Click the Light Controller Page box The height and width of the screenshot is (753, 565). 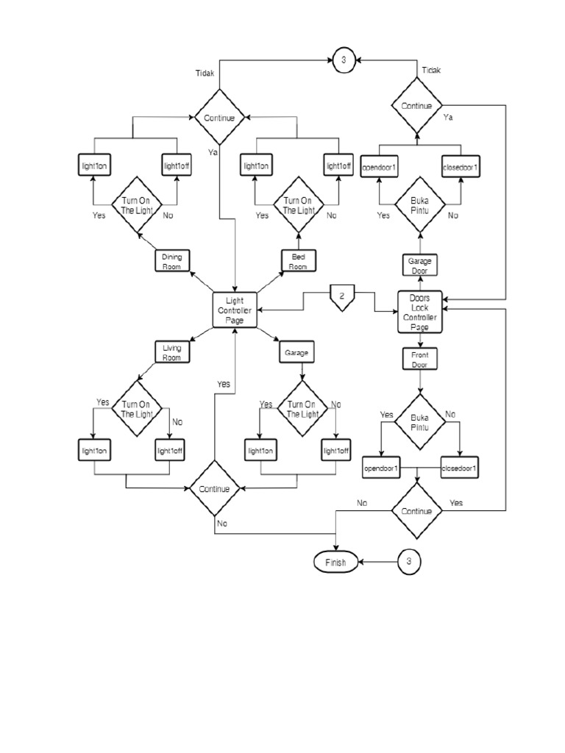[x=235, y=310]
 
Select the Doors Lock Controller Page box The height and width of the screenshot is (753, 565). [x=419, y=313]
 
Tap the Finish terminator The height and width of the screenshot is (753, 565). [x=335, y=562]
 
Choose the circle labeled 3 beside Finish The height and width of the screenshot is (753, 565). [x=409, y=562]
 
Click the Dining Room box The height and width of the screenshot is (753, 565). [x=172, y=261]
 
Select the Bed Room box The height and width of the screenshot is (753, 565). [x=298, y=261]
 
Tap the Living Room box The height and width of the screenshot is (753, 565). [x=172, y=352]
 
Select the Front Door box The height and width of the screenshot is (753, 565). [x=419, y=359]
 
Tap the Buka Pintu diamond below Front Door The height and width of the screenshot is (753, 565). [x=419, y=422]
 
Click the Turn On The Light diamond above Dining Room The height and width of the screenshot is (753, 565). [x=136, y=205]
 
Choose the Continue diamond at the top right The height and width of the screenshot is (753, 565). [x=416, y=106]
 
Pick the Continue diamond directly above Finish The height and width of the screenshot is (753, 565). [x=416, y=510]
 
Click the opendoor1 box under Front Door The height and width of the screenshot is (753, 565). [x=380, y=468]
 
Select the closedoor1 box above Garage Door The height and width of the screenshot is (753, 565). [x=460, y=168]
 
